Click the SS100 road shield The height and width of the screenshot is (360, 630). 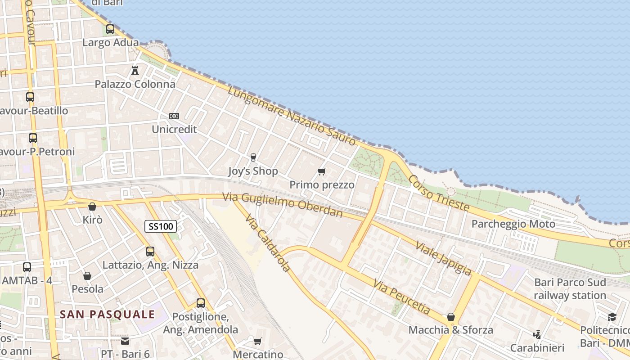point(161,226)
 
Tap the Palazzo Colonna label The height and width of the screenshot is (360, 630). point(135,84)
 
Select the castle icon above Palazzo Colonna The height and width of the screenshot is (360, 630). point(135,70)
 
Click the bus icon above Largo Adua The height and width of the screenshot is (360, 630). point(110,29)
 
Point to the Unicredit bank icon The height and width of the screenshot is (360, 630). point(174,116)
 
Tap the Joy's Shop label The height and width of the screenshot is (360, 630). point(253,171)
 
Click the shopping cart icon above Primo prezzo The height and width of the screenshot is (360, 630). point(322,171)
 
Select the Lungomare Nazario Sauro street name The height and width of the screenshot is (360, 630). point(292,116)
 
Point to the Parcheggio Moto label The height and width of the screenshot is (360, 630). point(513,224)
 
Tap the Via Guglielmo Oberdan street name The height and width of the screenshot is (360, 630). point(283,204)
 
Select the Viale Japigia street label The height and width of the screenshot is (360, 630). point(443,258)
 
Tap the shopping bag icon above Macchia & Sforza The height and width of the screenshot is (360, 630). point(451,317)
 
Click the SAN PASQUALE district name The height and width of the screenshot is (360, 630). point(108,314)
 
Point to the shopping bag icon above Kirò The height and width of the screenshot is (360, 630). point(92,207)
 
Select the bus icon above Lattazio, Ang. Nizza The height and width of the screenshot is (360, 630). point(150,252)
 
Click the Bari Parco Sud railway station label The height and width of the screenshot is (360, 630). point(570,289)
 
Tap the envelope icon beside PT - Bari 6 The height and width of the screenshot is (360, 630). point(125,341)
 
